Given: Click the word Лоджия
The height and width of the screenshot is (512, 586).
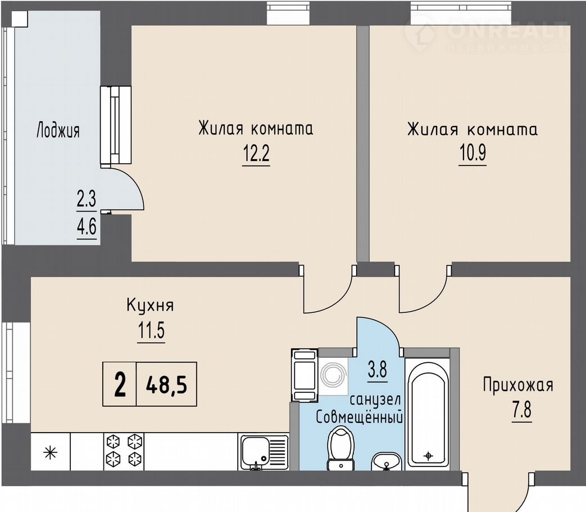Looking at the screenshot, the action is (58, 131).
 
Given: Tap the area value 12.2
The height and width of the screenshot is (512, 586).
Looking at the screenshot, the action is (256, 152).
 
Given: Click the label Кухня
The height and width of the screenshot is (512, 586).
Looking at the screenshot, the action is (150, 306).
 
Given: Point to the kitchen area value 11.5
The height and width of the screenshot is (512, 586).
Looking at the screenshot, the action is (151, 330).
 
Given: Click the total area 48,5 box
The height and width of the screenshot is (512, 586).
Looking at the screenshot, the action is (167, 384).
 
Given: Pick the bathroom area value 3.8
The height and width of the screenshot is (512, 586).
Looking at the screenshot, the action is (378, 370).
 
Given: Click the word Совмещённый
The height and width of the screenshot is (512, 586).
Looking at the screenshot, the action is (359, 416).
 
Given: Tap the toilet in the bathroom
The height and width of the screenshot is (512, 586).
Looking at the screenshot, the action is (340, 448).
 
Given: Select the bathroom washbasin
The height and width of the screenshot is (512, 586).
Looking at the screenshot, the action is (387, 461).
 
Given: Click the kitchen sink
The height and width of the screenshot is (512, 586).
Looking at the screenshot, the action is (264, 452).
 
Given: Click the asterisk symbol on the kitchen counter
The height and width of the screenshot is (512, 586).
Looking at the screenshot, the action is (50, 453).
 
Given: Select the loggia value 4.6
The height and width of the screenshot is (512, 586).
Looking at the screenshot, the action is (87, 226).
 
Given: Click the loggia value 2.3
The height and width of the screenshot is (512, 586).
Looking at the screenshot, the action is (87, 199).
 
